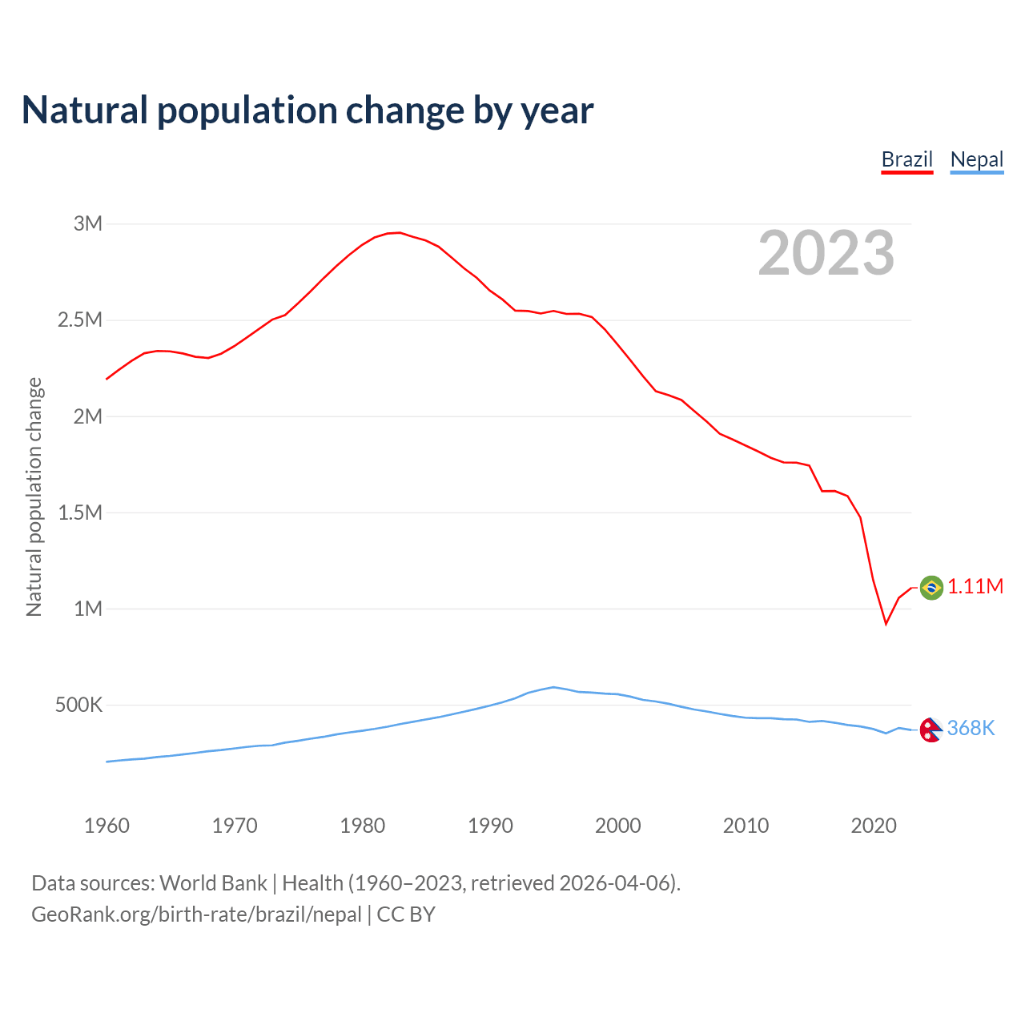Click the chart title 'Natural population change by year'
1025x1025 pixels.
[307, 111]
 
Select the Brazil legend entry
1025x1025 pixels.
[906, 159]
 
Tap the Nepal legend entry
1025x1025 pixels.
[976, 159]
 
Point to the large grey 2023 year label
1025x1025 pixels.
[826, 253]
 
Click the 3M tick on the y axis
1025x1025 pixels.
[88, 223]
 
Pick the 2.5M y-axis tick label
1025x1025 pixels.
[80, 320]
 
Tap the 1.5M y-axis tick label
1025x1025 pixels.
[80, 512]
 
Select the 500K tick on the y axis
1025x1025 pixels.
[78, 705]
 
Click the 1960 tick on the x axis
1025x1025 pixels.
[107, 826]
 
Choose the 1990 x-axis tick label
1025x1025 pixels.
[490, 826]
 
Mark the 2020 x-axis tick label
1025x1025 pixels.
[874, 826]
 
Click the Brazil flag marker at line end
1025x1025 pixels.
[931, 588]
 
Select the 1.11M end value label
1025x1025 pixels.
[975, 587]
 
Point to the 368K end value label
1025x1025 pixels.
[971, 728]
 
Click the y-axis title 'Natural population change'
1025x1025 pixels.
[34, 496]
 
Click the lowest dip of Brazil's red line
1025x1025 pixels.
[886, 624]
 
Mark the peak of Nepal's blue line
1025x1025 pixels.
[553, 687]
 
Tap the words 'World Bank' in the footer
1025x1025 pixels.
[213, 883]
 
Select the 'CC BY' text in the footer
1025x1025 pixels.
[406, 914]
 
